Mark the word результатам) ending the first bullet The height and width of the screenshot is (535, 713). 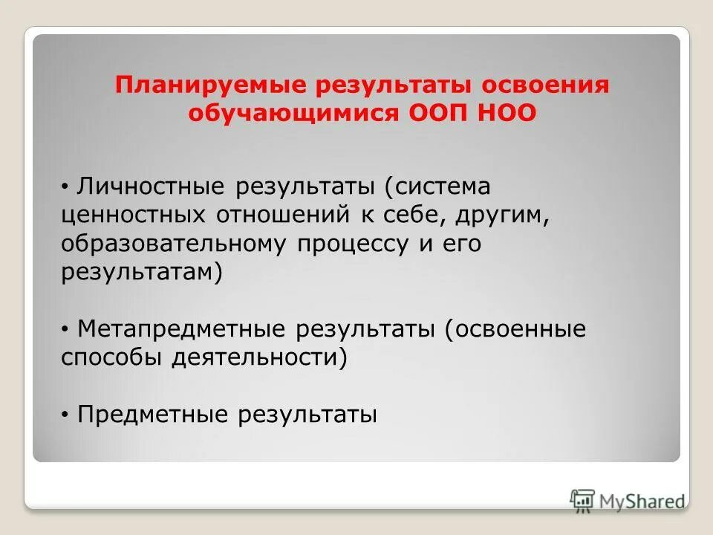coord(142,271)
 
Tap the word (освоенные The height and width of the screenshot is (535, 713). coord(515,328)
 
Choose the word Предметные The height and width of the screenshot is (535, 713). coord(152,414)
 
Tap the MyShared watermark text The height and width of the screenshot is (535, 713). coord(642,500)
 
